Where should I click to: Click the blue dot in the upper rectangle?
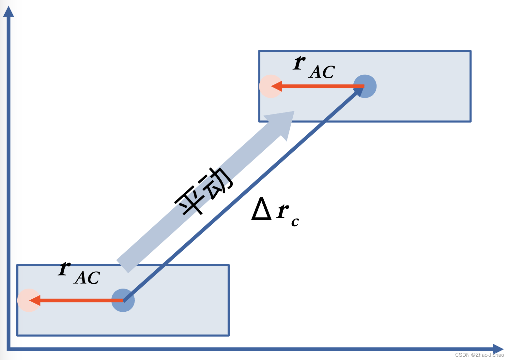click(x=365, y=86)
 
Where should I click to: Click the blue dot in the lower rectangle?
click(x=123, y=300)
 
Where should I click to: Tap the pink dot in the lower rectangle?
click(x=28, y=300)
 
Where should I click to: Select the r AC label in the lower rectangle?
click(x=79, y=274)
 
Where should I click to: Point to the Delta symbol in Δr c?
click(x=261, y=209)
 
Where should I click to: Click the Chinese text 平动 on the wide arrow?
click(x=204, y=192)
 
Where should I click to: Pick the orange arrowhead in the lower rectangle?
click(x=35, y=300)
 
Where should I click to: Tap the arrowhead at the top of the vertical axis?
click(x=8, y=12)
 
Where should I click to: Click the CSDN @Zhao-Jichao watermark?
click(x=479, y=355)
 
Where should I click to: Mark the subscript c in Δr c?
click(x=295, y=222)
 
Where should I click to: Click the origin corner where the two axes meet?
click(x=9, y=349)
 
